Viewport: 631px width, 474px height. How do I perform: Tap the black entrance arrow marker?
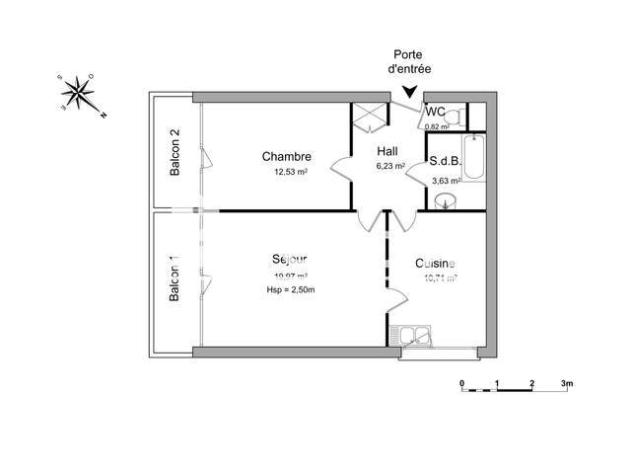tap(411, 92)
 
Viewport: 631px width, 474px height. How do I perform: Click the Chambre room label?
tap(287, 157)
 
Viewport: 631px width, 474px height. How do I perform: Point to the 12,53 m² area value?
tap(291, 172)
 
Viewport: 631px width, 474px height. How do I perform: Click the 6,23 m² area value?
tap(391, 166)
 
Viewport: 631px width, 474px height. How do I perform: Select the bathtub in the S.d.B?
tap(474, 157)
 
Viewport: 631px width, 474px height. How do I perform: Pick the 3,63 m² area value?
tap(448, 181)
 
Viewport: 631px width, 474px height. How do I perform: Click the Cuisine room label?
tap(435, 263)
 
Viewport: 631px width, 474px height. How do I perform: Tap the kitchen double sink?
tap(413, 335)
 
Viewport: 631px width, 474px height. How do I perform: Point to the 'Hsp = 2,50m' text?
tap(290, 289)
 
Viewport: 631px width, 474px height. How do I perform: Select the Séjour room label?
tap(290, 259)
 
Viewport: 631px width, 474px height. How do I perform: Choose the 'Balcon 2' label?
tap(175, 153)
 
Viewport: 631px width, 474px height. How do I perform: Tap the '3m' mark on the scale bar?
tap(567, 382)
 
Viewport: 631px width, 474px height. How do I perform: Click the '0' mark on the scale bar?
tap(461, 382)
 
